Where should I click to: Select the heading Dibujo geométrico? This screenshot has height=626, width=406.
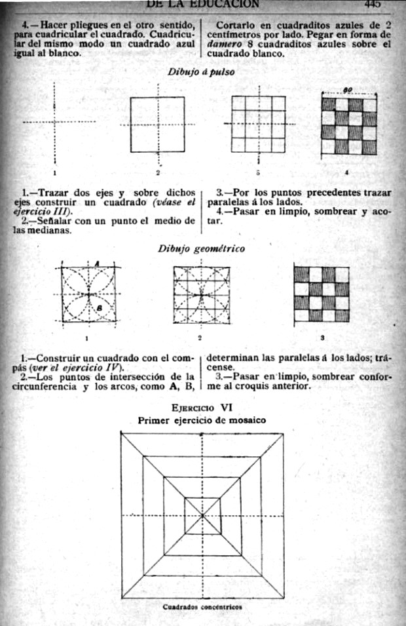[202, 248]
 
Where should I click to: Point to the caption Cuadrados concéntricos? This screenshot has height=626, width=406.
[202, 607]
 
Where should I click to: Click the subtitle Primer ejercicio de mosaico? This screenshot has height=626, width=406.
[202, 420]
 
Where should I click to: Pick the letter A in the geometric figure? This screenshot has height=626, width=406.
[96, 264]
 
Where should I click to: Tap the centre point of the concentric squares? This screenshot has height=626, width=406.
[202, 515]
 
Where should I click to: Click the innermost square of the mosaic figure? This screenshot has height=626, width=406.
[202, 515]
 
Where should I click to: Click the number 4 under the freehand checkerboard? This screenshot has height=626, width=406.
[346, 172]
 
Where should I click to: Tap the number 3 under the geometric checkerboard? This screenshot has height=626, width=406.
[322, 338]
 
